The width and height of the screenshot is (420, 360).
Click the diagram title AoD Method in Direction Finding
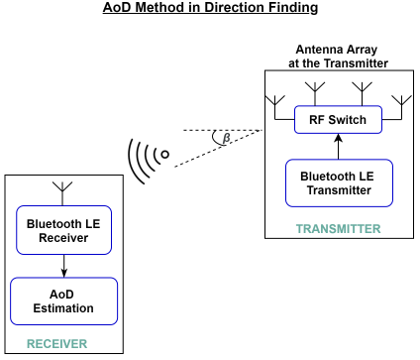[209, 9]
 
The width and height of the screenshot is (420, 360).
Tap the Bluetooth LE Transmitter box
[339, 182]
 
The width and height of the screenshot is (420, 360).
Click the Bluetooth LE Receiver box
[63, 230]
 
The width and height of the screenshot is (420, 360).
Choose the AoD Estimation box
[63, 300]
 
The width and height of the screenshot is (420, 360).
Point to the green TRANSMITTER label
[338, 229]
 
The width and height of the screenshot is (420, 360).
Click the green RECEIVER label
[55, 344]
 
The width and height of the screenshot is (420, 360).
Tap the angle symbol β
[227, 138]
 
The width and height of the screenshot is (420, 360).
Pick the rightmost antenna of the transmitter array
[401, 101]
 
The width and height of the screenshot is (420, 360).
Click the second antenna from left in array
[317, 91]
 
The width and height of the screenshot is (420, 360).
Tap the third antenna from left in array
[361, 91]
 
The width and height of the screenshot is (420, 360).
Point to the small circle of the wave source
[165, 155]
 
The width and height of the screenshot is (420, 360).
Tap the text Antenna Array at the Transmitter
[339, 56]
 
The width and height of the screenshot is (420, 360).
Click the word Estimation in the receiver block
[63, 308]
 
